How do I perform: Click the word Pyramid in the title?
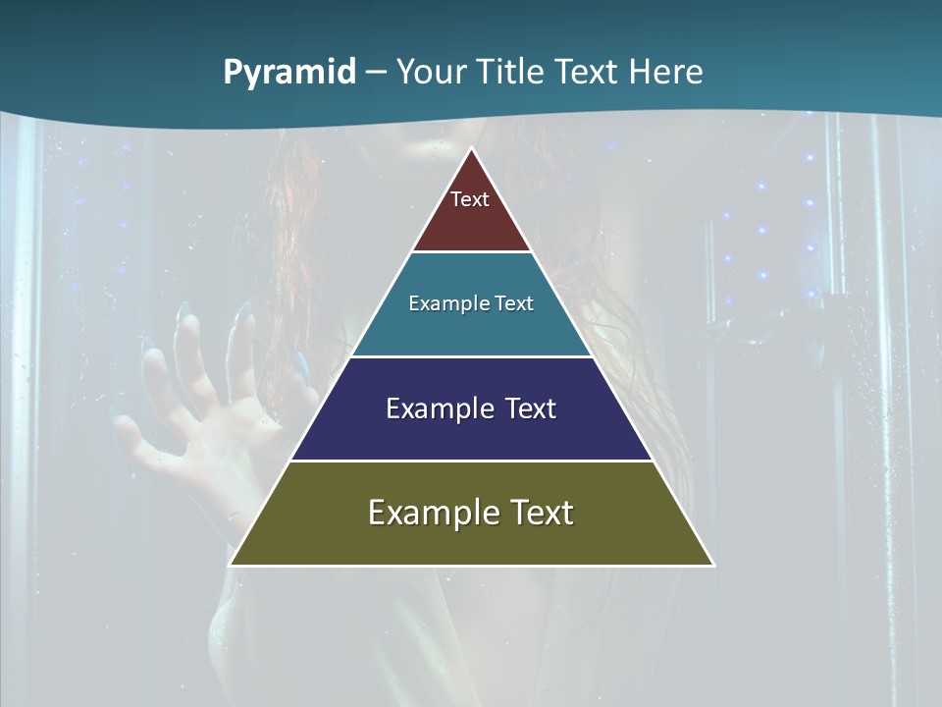click(289, 73)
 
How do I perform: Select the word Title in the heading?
click(512, 72)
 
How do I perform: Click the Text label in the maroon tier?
click(470, 199)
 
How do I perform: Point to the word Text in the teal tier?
click(514, 303)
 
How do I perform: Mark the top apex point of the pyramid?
click(472, 149)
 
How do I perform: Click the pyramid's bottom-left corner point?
click(231, 565)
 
